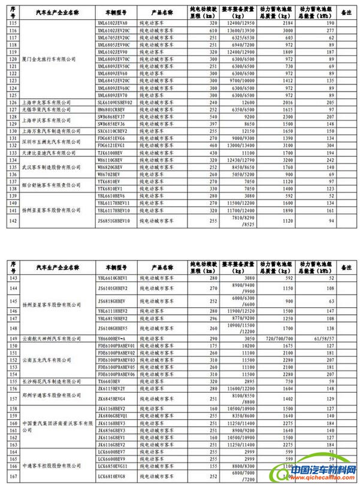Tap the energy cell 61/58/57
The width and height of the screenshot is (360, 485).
(x=313, y=338)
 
